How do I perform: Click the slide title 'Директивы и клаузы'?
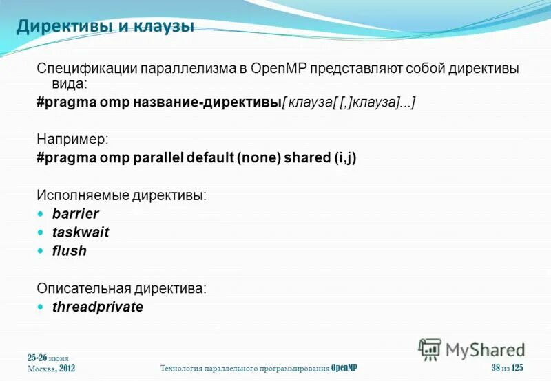click(x=105, y=27)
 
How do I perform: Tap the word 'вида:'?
click(x=62, y=84)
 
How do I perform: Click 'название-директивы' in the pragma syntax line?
click(x=210, y=102)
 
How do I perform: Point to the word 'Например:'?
click(x=72, y=139)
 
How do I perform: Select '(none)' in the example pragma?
click(x=258, y=157)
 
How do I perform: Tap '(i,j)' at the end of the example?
click(x=346, y=157)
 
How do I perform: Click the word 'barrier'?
click(x=76, y=214)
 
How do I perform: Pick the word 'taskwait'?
click(x=81, y=232)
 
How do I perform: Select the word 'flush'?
click(x=70, y=251)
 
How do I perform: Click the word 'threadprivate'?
click(x=98, y=307)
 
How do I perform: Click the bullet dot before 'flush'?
click(x=40, y=251)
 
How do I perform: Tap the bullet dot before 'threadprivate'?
click(x=40, y=307)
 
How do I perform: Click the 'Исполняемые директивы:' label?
click(x=121, y=196)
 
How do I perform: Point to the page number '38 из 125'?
click(x=508, y=368)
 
